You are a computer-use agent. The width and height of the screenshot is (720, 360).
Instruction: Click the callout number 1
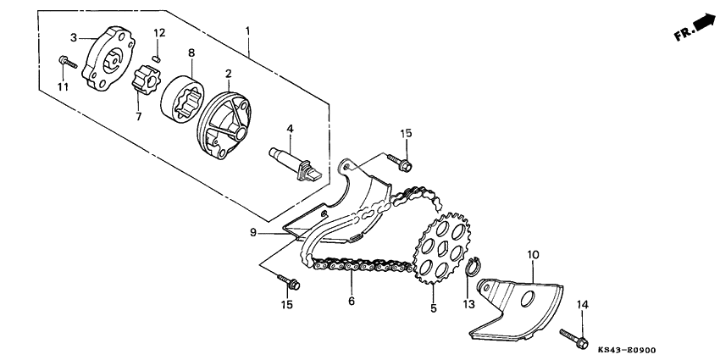[248, 31]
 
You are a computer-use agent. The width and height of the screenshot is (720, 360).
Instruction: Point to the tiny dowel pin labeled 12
[156, 58]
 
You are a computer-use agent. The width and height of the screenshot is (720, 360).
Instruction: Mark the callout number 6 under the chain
[349, 301]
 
